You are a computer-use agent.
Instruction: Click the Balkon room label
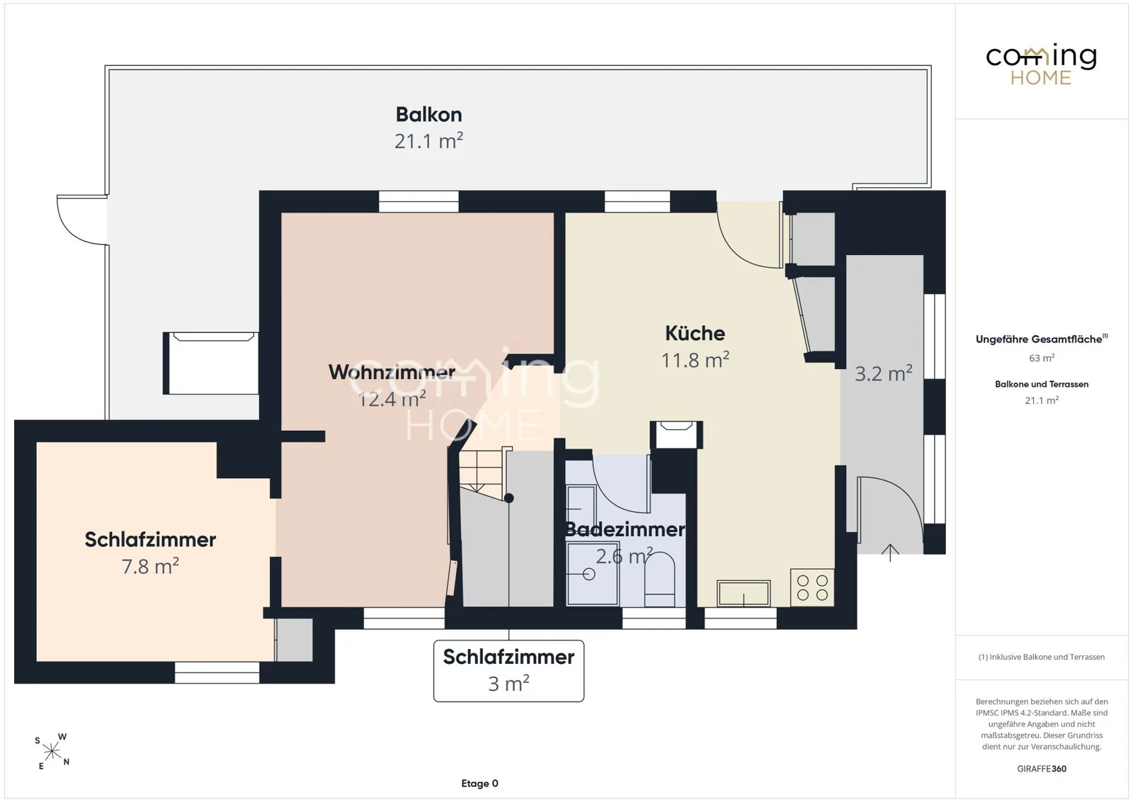(x=428, y=115)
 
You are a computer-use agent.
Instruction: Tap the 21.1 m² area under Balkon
(x=428, y=141)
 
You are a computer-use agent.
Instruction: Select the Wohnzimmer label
(x=392, y=373)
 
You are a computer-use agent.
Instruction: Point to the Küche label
(x=695, y=334)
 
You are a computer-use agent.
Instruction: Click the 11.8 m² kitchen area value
(x=695, y=360)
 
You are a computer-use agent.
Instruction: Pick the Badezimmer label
(x=625, y=529)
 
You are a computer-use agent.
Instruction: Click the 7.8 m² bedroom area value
(x=150, y=566)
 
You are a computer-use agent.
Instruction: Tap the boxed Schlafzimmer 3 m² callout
(x=508, y=670)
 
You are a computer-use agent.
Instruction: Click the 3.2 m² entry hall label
(x=883, y=373)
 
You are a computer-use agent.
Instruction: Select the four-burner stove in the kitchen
(x=812, y=587)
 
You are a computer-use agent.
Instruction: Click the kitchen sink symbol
(x=744, y=593)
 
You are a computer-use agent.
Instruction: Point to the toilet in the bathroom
(x=659, y=580)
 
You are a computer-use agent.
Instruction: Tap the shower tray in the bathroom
(x=592, y=574)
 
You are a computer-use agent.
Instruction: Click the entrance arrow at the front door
(x=890, y=553)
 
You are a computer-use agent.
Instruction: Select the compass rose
(x=52, y=752)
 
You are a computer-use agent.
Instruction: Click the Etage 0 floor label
(x=479, y=784)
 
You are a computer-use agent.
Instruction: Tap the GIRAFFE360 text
(x=1042, y=769)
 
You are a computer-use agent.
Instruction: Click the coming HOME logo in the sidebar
(x=1042, y=64)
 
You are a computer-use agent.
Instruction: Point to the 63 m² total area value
(x=1042, y=358)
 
